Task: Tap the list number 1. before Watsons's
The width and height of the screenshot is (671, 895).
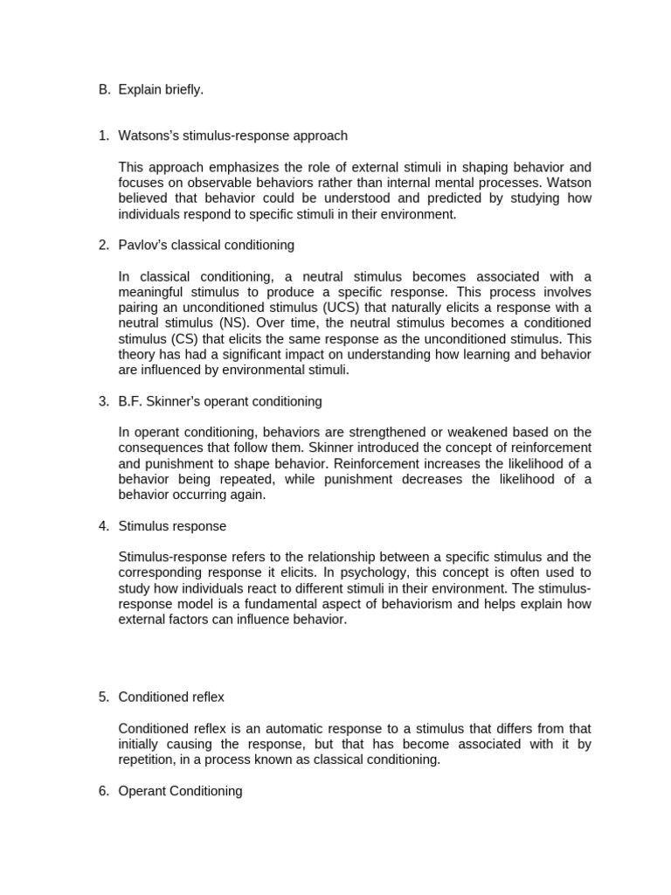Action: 103,135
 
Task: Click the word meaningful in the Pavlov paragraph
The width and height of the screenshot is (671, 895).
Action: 153,291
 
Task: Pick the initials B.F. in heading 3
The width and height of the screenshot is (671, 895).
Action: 132,401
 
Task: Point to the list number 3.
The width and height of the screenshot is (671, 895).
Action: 103,401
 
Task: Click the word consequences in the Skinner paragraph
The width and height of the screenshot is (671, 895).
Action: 160,447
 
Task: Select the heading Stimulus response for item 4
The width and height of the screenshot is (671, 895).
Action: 172,526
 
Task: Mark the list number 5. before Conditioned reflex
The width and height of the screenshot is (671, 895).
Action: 103,697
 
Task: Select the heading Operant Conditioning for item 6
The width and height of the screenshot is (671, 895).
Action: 180,791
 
